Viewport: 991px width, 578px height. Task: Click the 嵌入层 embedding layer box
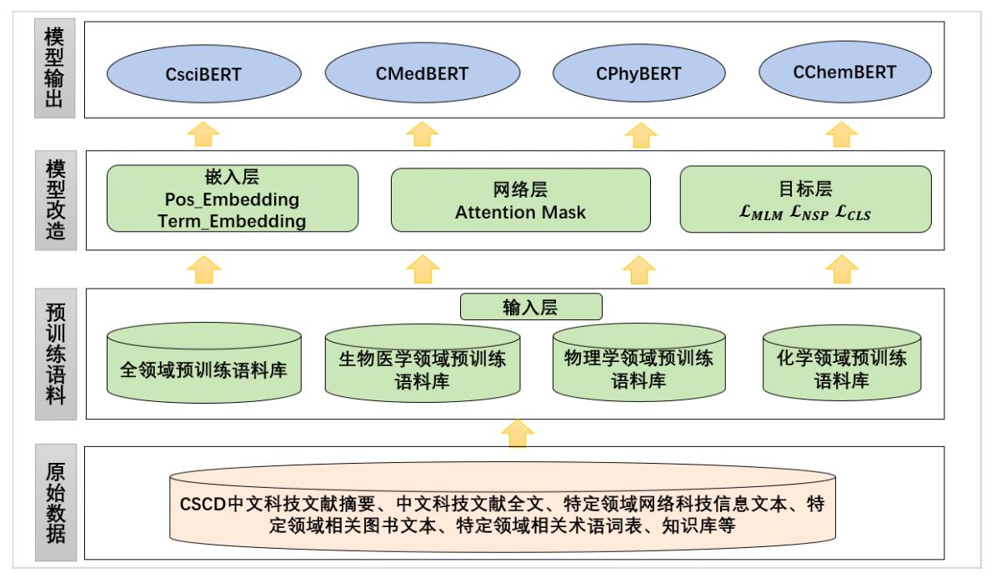click(x=232, y=198)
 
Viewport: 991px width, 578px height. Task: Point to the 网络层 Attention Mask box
click(x=520, y=199)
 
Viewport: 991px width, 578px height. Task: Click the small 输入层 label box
click(x=531, y=307)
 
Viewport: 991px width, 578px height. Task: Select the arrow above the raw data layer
click(x=518, y=432)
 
